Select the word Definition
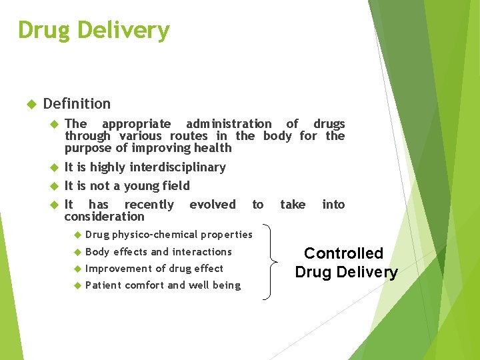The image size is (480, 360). point(77,103)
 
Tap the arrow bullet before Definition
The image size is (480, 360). point(29,104)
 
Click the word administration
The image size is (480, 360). point(229,124)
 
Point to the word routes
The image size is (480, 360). point(189,136)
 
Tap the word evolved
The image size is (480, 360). point(212,205)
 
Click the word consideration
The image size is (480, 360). point(104,217)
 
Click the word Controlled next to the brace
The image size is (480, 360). point(343,253)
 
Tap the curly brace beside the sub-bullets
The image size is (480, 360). point(269,262)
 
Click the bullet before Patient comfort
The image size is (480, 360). point(77,285)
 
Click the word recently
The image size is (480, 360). point(149,205)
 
